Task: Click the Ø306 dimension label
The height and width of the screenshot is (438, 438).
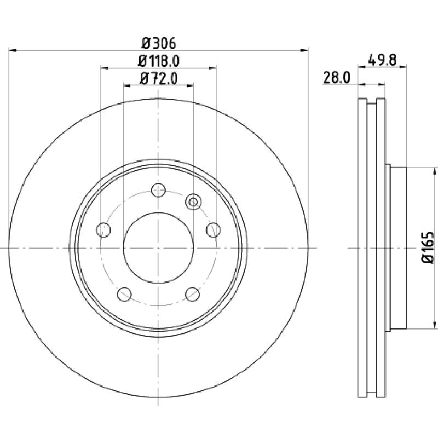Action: point(159,44)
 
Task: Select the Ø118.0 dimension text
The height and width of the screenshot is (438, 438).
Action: point(159,61)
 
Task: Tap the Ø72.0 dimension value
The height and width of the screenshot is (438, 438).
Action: point(159,78)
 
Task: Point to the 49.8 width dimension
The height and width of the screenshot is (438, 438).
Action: point(382,60)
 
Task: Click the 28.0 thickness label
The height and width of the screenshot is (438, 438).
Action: point(336,77)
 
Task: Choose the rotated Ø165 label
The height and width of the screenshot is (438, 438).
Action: point(428,247)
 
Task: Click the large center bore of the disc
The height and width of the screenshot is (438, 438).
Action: point(158,248)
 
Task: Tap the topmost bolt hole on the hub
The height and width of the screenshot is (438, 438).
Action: point(158,190)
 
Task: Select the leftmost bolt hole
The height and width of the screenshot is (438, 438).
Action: point(103,230)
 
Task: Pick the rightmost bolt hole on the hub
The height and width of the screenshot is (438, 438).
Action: point(214,230)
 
